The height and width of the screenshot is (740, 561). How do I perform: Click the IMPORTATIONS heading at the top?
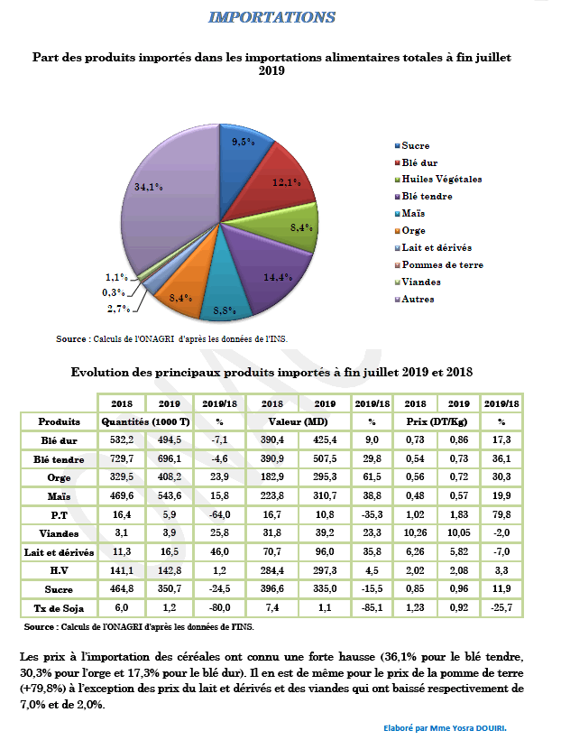(x=271, y=18)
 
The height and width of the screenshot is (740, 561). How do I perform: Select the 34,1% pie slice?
(x=167, y=194)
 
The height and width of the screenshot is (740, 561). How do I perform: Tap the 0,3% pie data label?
(x=113, y=291)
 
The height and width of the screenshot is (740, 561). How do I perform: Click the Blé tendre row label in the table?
(x=59, y=458)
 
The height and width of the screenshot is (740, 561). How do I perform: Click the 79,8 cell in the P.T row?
(x=501, y=514)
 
